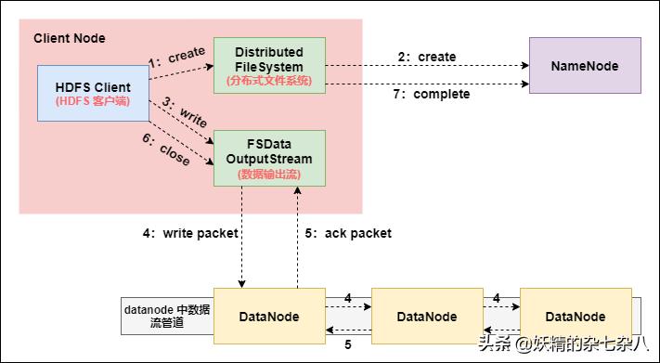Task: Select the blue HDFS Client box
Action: point(93,93)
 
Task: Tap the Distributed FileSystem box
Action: point(269,65)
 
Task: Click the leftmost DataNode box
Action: point(269,317)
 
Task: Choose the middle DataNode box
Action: point(426,317)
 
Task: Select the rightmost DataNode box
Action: point(575,317)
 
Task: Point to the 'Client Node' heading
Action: point(70,38)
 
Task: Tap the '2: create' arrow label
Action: point(426,57)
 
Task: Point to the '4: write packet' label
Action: point(190,234)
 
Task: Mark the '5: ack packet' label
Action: point(348,234)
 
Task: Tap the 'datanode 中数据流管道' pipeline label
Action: point(167,317)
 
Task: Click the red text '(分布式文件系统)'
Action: point(269,81)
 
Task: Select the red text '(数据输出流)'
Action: point(269,174)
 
